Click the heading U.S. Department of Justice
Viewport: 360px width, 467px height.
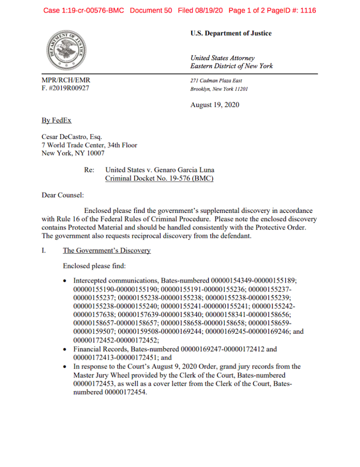[x=231, y=33]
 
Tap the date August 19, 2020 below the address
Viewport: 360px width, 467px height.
[x=214, y=105]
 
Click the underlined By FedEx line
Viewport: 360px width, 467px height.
[x=57, y=120]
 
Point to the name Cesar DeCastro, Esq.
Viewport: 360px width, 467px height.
[x=72, y=137]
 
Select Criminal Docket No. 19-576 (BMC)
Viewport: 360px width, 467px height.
[x=159, y=178]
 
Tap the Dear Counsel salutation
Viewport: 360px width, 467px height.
[x=62, y=195]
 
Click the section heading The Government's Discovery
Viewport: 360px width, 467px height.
[x=106, y=250]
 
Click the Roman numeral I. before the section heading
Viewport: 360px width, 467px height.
[x=44, y=250]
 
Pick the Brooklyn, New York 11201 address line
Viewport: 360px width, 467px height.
[x=219, y=88]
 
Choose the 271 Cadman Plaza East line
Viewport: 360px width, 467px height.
[x=216, y=80]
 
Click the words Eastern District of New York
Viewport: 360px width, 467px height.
[x=231, y=66]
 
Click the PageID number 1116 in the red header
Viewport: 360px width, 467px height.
[x=308, y=10]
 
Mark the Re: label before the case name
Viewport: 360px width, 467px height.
[x=88, y=170]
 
